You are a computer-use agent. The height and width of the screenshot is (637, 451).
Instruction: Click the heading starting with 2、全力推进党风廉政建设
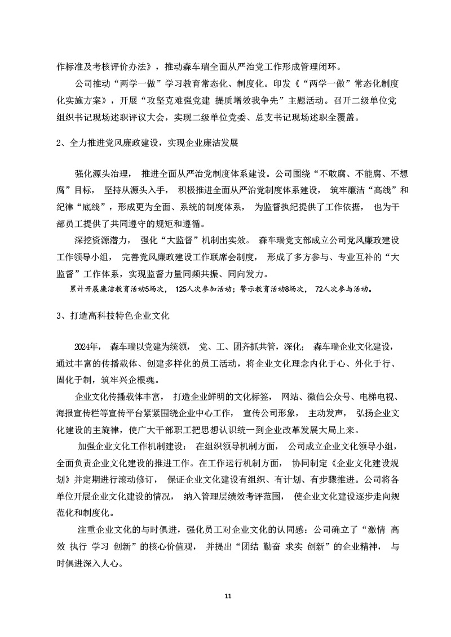pos(148,143)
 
